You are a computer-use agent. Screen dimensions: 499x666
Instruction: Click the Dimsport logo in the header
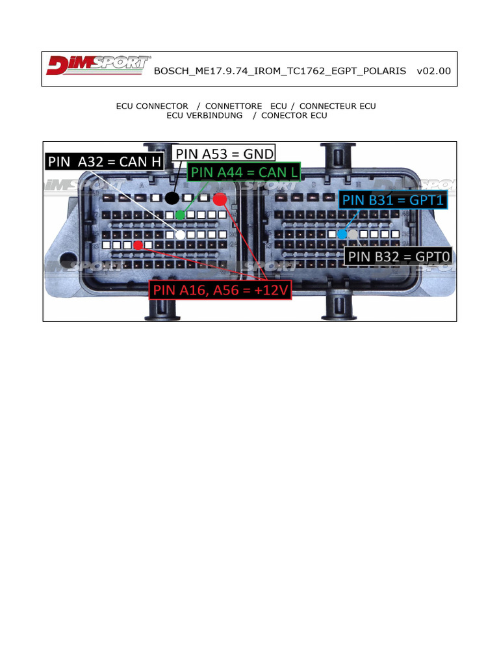click(x=99, y=65)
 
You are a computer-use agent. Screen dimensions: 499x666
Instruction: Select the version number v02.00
click(x=433, y=71)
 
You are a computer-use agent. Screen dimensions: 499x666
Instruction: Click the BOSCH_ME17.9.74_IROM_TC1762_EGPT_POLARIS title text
click(x=279, y=71)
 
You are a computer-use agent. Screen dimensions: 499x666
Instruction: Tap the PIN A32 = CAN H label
click(x=105, y=161)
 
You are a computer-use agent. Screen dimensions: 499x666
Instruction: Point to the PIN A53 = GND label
click(x=224, y=153)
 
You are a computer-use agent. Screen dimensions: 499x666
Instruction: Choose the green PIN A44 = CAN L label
click(x=244, y=172)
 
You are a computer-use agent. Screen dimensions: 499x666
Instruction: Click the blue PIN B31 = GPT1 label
click(x=393, y=200)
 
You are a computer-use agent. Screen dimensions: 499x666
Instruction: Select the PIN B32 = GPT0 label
click(x=398, y=256)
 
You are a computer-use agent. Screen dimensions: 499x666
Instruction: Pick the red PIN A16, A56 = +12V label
click(x=220, y=289)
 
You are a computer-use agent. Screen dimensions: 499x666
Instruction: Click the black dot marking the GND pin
click(x=172, y=198)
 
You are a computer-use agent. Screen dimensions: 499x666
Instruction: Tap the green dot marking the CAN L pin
click(x=180, y=215)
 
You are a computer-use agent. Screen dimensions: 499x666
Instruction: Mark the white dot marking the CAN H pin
click(x=181, y=234)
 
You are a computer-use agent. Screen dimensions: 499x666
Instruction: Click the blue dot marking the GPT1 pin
click(x=342, y=234)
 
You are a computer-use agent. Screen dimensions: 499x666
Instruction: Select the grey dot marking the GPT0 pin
click(x=353, y=234)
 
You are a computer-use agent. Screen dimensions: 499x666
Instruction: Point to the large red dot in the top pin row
click(x=220, y=199)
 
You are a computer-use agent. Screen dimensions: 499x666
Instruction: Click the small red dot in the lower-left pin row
click(x=138, y=245)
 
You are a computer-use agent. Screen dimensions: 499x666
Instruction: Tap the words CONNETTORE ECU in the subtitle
click(x=246, y=106)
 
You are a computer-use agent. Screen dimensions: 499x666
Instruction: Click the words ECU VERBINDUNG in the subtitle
click(x=205, y=116)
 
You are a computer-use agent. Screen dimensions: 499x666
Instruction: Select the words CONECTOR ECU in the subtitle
click(x=294, y=116)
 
